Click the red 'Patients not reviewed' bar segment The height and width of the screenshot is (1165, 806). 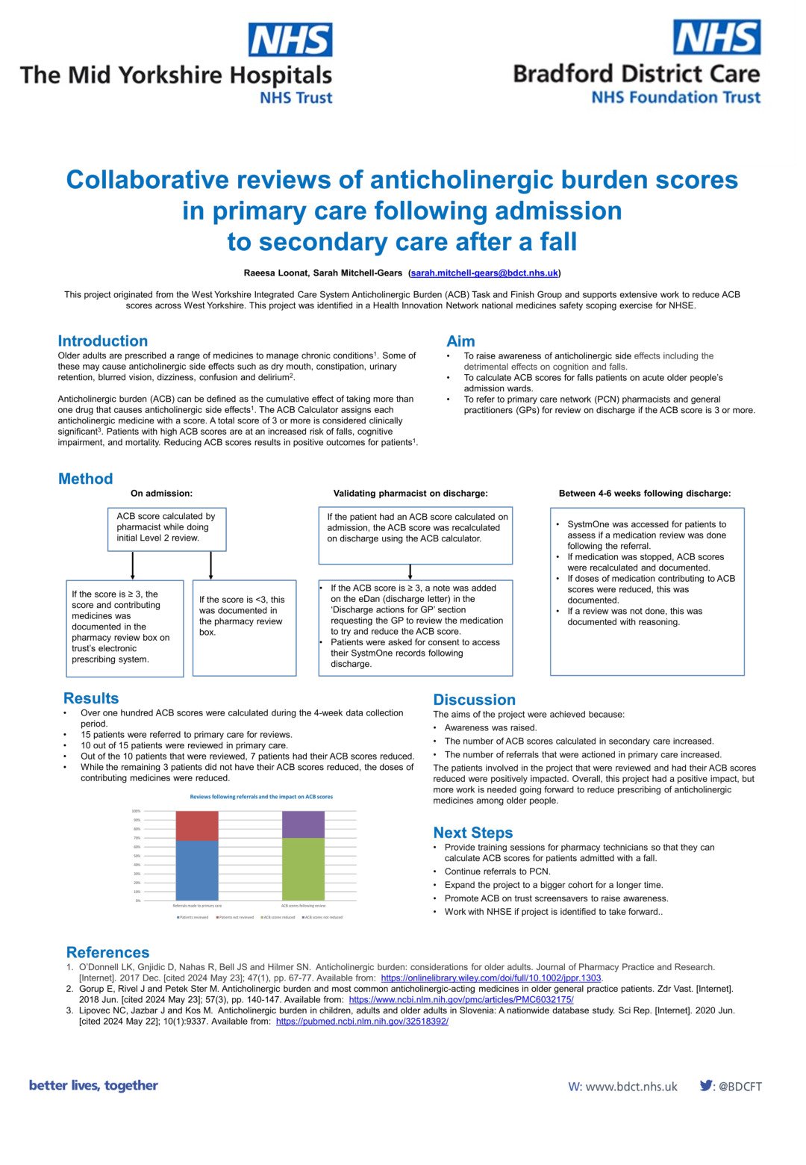(197, 825)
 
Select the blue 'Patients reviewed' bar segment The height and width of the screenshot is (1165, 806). (197, 870)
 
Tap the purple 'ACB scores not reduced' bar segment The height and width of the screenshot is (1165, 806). (303, 824)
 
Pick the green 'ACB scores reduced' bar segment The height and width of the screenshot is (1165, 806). (303, 869)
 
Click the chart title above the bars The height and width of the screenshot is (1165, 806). (261, 797)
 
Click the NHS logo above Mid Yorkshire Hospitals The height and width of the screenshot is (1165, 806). (290, 40)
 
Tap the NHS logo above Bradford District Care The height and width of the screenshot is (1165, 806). (716, 37)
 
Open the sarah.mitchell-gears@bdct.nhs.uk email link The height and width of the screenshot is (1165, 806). (484, 273)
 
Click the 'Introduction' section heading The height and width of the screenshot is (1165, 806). (103, 341)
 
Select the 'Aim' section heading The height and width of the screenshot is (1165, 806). (460, 341)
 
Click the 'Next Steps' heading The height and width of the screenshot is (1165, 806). (473, 833)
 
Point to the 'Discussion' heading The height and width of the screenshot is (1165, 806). (475, 700)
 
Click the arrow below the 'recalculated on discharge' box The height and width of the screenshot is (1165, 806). (410, 572)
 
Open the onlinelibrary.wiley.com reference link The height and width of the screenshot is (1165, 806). (491, 978)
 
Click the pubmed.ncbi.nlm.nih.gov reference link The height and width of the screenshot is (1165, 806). (362, 1021)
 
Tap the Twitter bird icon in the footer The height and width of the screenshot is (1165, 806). (706, 1086)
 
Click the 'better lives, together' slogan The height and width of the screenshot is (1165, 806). (93, 1085)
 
